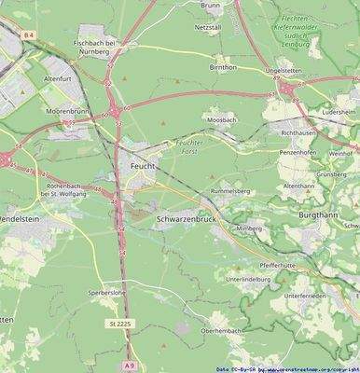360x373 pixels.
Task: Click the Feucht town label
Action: [x=143, y=165]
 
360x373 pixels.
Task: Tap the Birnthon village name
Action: [x=223, y=67]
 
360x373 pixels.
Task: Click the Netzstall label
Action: [x=208, y=28]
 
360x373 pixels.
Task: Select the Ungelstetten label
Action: [x=284, y=70]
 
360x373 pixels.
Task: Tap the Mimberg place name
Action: [x=249, y=228]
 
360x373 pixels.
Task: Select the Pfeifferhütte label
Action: [x=277, y=265]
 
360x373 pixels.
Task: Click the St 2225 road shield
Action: [x=117, y=323]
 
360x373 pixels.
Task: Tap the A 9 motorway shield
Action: [x=129, y=365]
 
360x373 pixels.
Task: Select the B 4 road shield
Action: [x=29, y=35]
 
